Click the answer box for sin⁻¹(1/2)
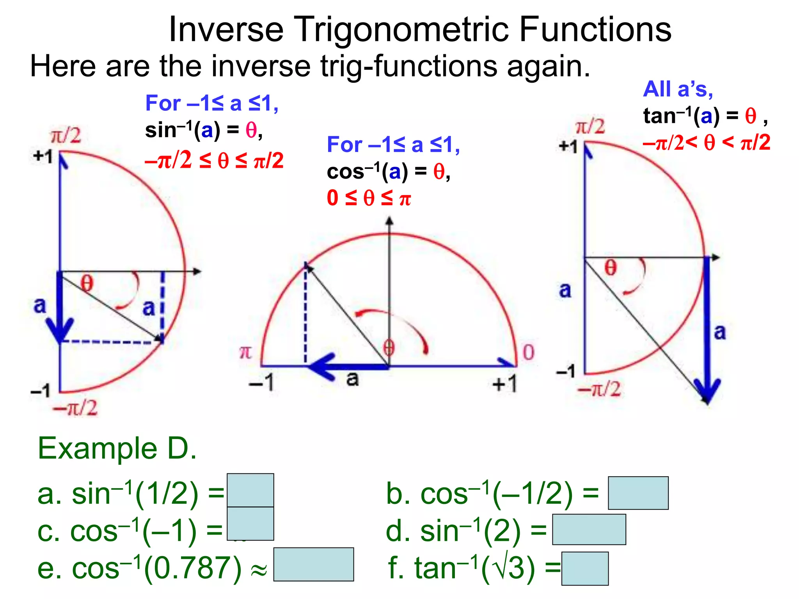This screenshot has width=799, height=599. pos(250,490)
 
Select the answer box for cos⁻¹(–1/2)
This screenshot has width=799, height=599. pos(638,493)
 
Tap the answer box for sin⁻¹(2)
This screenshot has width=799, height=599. pos(589,529)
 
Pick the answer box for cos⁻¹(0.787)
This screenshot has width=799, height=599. pos(314,564)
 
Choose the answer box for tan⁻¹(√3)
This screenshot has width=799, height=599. pos(585,568)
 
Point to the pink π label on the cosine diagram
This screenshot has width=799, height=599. pos(245,352)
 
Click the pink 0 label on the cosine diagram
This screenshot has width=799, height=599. pos(528,352)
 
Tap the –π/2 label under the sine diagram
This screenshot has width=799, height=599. pos(75,408)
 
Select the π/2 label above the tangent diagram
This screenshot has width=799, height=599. pos(590,127)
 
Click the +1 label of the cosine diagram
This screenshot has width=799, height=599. pos(504,384)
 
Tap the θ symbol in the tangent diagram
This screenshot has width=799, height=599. pos(611,268)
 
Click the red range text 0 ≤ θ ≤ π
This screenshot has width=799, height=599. pos(369,198)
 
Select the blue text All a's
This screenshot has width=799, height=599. pos(678,89)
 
